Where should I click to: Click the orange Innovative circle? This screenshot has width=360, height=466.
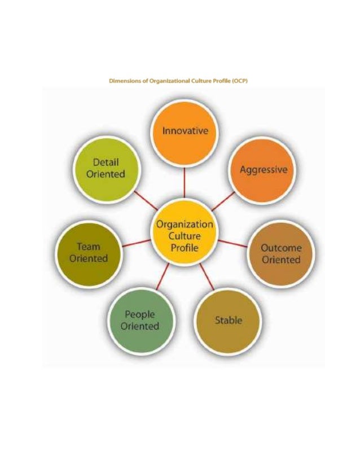(x=185, y=131)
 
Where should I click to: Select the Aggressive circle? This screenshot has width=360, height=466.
(x=263, y=169)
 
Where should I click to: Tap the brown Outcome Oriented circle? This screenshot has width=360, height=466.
(x=280, y=253)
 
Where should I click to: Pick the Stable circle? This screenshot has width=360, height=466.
(x=228, y=320)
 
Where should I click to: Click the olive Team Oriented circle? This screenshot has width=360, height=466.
(x=88, y=252)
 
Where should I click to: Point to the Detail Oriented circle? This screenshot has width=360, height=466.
(x=106, y=168)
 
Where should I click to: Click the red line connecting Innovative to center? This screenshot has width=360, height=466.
(x=185, y=182)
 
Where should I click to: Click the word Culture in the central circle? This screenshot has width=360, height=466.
(x=185, y=236)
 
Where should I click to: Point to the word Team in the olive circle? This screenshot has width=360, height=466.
(x=88, y=247)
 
